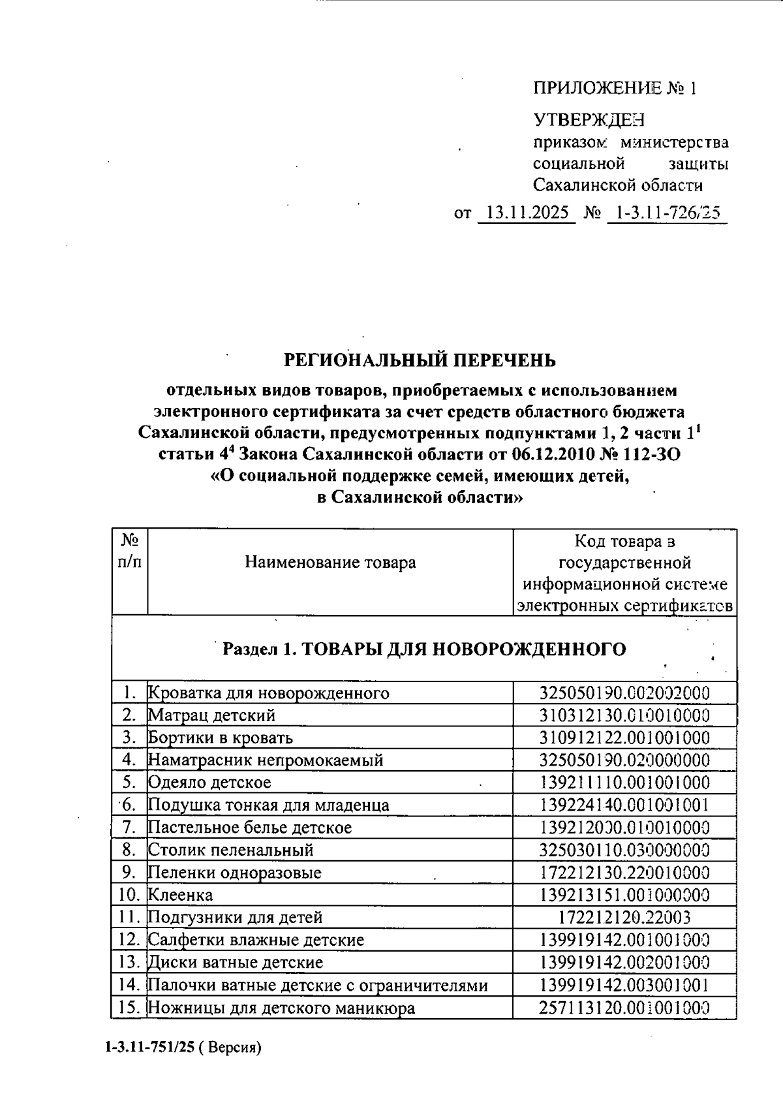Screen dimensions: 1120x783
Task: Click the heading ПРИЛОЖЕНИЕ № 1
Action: pyautogui.click(x=615, y=88)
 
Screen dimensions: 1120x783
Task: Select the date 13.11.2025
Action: pyautogui.click(x=527, y=213)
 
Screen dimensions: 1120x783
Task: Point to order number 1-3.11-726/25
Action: pyautogui.click(x=666, y=213)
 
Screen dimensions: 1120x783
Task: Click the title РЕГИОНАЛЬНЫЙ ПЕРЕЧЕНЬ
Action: pyautogui.click(x=420, y=360)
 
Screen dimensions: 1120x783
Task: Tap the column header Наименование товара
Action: pyautogui.click(x=330, y=562)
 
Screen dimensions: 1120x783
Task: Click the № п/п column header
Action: pyautogui.click(x=129, y=551)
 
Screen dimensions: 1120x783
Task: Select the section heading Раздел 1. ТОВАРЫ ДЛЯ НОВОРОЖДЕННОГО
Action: pyautogui.click(x=424, y=649)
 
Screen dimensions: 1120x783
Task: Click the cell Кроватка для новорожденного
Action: pyautogui.click(x=269, y=693)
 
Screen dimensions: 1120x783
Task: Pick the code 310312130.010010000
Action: pyautogui.click(x=624, y=715)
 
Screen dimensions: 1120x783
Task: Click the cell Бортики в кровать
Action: pyautogui.click(x=221, y=738)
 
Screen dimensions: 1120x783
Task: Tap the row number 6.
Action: pyautogui.click(x=128, y=805)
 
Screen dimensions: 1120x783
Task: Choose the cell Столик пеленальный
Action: pyautogui.click(x=231, y=850)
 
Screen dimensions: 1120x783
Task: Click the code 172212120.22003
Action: pyautogui.click(x=624, y=918)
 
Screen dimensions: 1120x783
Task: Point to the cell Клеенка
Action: pyautogui.click(x=181, y=895)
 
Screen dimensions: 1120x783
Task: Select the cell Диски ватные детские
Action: pyautogui.click(x=236, y=962)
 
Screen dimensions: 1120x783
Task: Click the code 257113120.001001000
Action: pyautogui.click(x=624, y=1008)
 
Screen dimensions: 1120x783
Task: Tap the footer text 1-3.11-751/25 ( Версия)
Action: pyautogui.click(x=182, y=1048)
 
